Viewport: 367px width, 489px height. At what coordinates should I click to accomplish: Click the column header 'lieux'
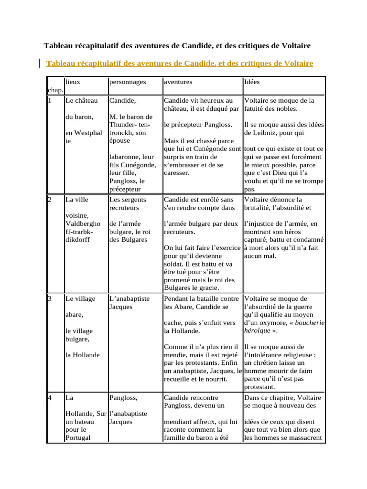[73, 82]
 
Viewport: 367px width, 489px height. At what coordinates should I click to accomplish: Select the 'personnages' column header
[127, 82]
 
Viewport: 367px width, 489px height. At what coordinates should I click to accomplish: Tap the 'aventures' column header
[178, 82]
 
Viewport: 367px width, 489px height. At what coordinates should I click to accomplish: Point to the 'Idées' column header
[252, 82]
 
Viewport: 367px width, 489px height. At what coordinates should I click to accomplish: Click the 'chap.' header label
[55, 90]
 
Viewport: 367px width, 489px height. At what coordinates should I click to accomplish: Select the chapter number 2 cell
[50, 200]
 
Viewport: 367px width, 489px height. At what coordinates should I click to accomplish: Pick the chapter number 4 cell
[50, 397]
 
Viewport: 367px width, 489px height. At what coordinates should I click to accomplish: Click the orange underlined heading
[179, 63]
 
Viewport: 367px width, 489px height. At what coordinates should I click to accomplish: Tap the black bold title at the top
[177, 46]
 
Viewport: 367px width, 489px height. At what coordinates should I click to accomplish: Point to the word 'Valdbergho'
[83, 223]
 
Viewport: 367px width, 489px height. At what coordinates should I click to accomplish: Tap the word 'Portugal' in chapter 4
[78, 438]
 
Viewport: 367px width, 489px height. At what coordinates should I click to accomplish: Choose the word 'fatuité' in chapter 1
[256, 108]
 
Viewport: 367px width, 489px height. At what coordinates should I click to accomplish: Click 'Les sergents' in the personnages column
[128, 200]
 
